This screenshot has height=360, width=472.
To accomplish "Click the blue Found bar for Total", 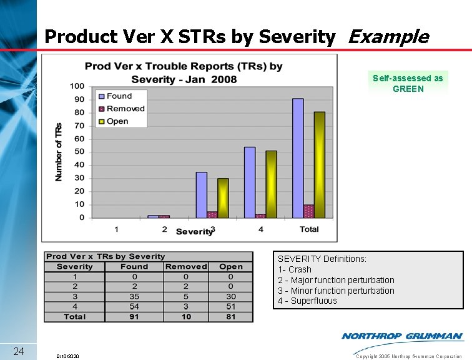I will [298, 158].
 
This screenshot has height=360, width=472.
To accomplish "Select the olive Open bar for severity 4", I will [271, 184].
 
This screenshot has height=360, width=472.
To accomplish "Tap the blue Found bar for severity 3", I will [201, 195].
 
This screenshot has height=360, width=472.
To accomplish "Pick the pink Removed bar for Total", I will [309, 211].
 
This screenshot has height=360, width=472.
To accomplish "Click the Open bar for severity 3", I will [223, 198].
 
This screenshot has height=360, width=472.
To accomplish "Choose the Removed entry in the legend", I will [122, 109].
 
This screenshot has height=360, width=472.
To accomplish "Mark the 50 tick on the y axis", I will [79, 152].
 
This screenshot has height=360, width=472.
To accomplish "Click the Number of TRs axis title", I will [59, 152].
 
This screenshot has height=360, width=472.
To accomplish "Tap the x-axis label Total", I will [309, 229].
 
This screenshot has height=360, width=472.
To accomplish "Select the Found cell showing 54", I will [134, 307].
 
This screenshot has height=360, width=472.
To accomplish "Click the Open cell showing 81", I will [230, 317].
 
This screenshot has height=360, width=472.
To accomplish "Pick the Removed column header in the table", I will [186, 266].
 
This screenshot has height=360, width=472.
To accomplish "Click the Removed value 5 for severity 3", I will [186, 297].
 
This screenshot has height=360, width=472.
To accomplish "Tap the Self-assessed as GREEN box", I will [408, 83].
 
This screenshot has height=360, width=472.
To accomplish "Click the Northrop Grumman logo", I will [402, 336].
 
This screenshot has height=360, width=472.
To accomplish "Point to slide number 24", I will [19, 351].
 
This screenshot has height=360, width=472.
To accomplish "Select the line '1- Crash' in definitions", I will [295, 269].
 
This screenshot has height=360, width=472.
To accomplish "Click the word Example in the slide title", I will [387, 37].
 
